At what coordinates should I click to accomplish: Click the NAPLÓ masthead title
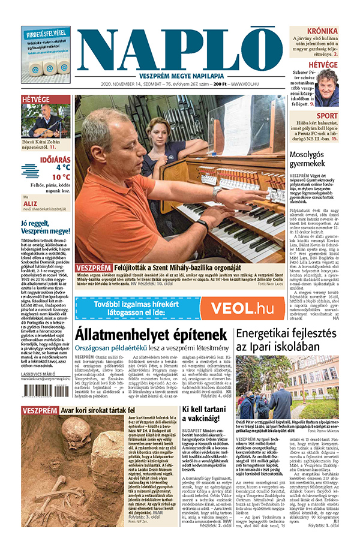pyautogui.click(x=180, y=51)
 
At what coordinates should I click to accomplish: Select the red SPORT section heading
pyautogui.click(x=327, y=115)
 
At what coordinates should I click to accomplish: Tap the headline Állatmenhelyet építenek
pyautogui.click(x=151, y=334)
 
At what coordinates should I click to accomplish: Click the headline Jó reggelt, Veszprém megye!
pyautogui.click(x=45, y=227)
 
